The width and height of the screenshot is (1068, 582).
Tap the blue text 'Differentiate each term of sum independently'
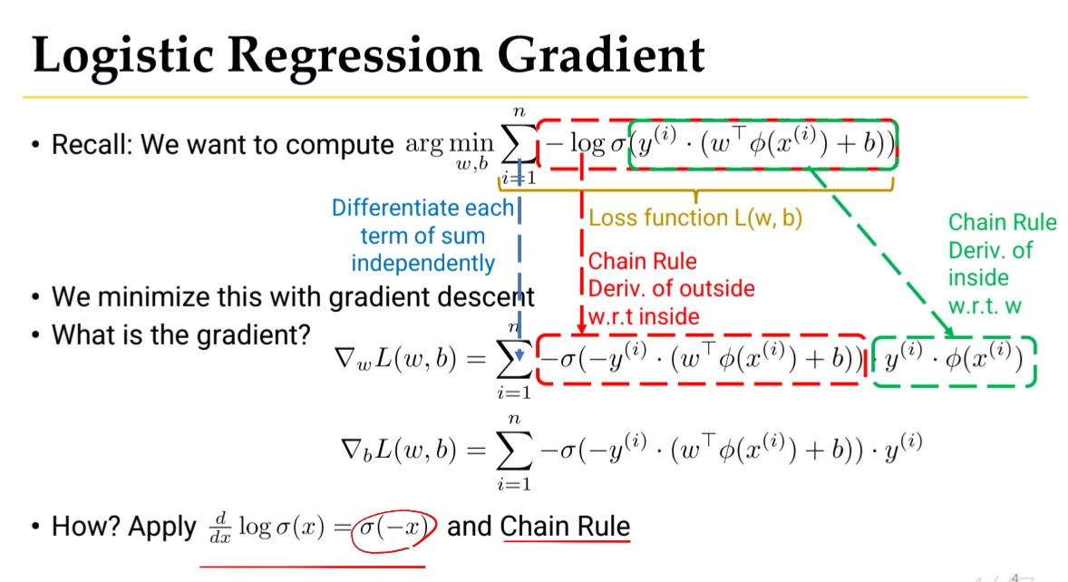click(422, 236)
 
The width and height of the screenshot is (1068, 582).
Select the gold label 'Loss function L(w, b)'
click(696, 218)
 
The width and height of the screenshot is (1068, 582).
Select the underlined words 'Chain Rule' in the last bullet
click(564, 526)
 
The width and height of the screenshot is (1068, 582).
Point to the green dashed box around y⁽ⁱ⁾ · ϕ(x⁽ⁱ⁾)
click(953, 362)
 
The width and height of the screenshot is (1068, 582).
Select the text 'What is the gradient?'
click(181, 334)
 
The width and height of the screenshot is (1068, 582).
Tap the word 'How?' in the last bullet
click(90, 527)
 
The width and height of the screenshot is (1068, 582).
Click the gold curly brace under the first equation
click(695, 189)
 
